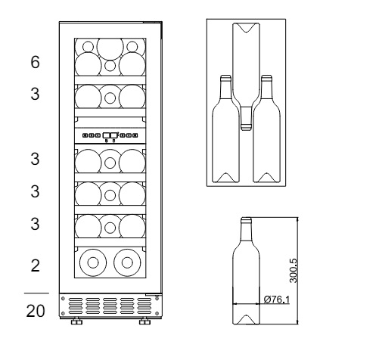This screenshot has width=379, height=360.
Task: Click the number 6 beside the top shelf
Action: (36, 62)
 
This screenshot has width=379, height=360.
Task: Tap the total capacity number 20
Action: (36, 311)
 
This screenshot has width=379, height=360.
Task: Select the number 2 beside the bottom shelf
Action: (36, 265)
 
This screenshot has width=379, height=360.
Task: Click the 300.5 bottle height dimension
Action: (294, 271)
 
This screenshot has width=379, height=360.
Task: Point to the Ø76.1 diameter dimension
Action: (277, 299)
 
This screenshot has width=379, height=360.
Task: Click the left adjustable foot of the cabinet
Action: (76, 321)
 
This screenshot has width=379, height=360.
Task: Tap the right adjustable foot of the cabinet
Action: (144, 321)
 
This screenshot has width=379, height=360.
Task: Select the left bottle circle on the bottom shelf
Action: (93, 262)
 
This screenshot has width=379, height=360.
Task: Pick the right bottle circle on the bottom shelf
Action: (127, 262)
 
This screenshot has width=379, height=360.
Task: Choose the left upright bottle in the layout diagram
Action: (225, 129)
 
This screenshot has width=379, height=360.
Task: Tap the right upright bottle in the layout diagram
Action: (266, 129)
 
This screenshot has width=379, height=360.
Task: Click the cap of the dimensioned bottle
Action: (246, 220)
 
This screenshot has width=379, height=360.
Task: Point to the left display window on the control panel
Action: (106, 135)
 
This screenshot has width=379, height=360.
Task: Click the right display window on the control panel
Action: (113, 135)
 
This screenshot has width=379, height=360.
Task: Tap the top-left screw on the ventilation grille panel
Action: (63, 299)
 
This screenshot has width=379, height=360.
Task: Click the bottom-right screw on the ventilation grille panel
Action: (157, 313)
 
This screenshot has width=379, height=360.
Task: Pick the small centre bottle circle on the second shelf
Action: (110, 98)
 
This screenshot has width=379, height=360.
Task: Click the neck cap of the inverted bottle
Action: (246, 127)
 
